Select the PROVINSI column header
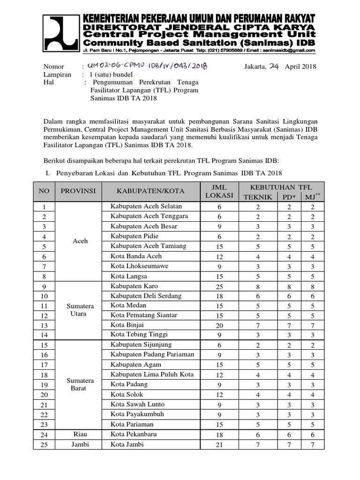tap(78, 191)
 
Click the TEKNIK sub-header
tap(257, 197)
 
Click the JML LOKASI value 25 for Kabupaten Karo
tap(219, 286)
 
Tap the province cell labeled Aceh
tap(80, 241)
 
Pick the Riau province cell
tap(80, 435)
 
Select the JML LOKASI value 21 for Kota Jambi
tap(219, 444)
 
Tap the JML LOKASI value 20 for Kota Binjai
tap(219, 325)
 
